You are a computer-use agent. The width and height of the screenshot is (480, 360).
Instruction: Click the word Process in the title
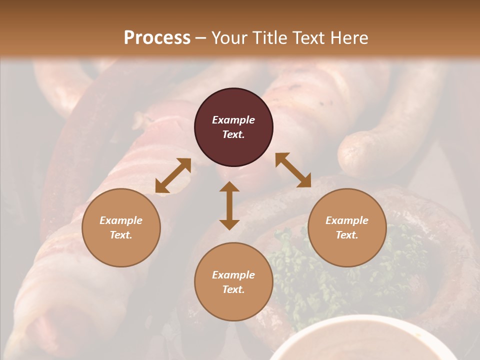click(x=157, y=38)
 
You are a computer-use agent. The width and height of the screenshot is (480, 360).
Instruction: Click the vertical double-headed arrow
click(x=229, y=206)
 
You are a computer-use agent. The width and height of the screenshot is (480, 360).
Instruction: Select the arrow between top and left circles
click(x=173, y=175)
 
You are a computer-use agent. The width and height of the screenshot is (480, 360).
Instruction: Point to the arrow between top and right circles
click(x=293, y=170)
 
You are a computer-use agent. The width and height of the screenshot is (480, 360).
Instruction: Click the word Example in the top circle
click(x=233, y=120)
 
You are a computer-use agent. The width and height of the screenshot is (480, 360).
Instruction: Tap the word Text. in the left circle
click(x=121, y=235)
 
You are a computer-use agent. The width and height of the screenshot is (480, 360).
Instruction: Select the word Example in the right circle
click(x=347, y=220)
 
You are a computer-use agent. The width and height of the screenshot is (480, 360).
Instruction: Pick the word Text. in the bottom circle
click(x=233, y=289)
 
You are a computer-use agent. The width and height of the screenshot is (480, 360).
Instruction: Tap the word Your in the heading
click(x=228, y=38)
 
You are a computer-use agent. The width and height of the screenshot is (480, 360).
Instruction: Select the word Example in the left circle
click(x=121, y=220)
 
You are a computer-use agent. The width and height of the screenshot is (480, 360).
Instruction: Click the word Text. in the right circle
click(x=347, y=235)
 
